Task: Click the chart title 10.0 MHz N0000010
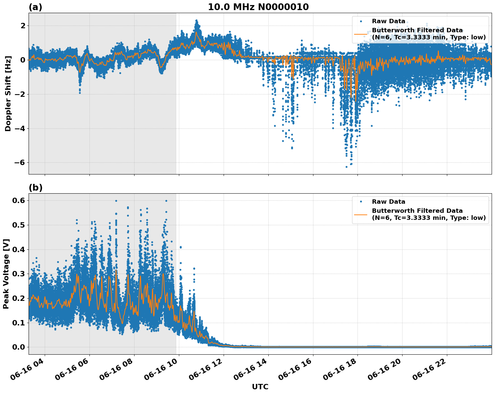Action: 258,7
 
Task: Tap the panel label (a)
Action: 35,7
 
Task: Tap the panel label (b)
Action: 35,188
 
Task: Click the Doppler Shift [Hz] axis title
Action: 8,93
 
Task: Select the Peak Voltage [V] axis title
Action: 6,274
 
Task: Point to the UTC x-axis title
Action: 260,387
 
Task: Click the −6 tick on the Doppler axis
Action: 18,163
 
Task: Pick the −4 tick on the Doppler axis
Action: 18,128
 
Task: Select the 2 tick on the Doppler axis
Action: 23,26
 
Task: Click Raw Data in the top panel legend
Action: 388,21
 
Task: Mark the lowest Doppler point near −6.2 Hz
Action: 346,167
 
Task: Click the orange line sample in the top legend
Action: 361,34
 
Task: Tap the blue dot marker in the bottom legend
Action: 361,202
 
